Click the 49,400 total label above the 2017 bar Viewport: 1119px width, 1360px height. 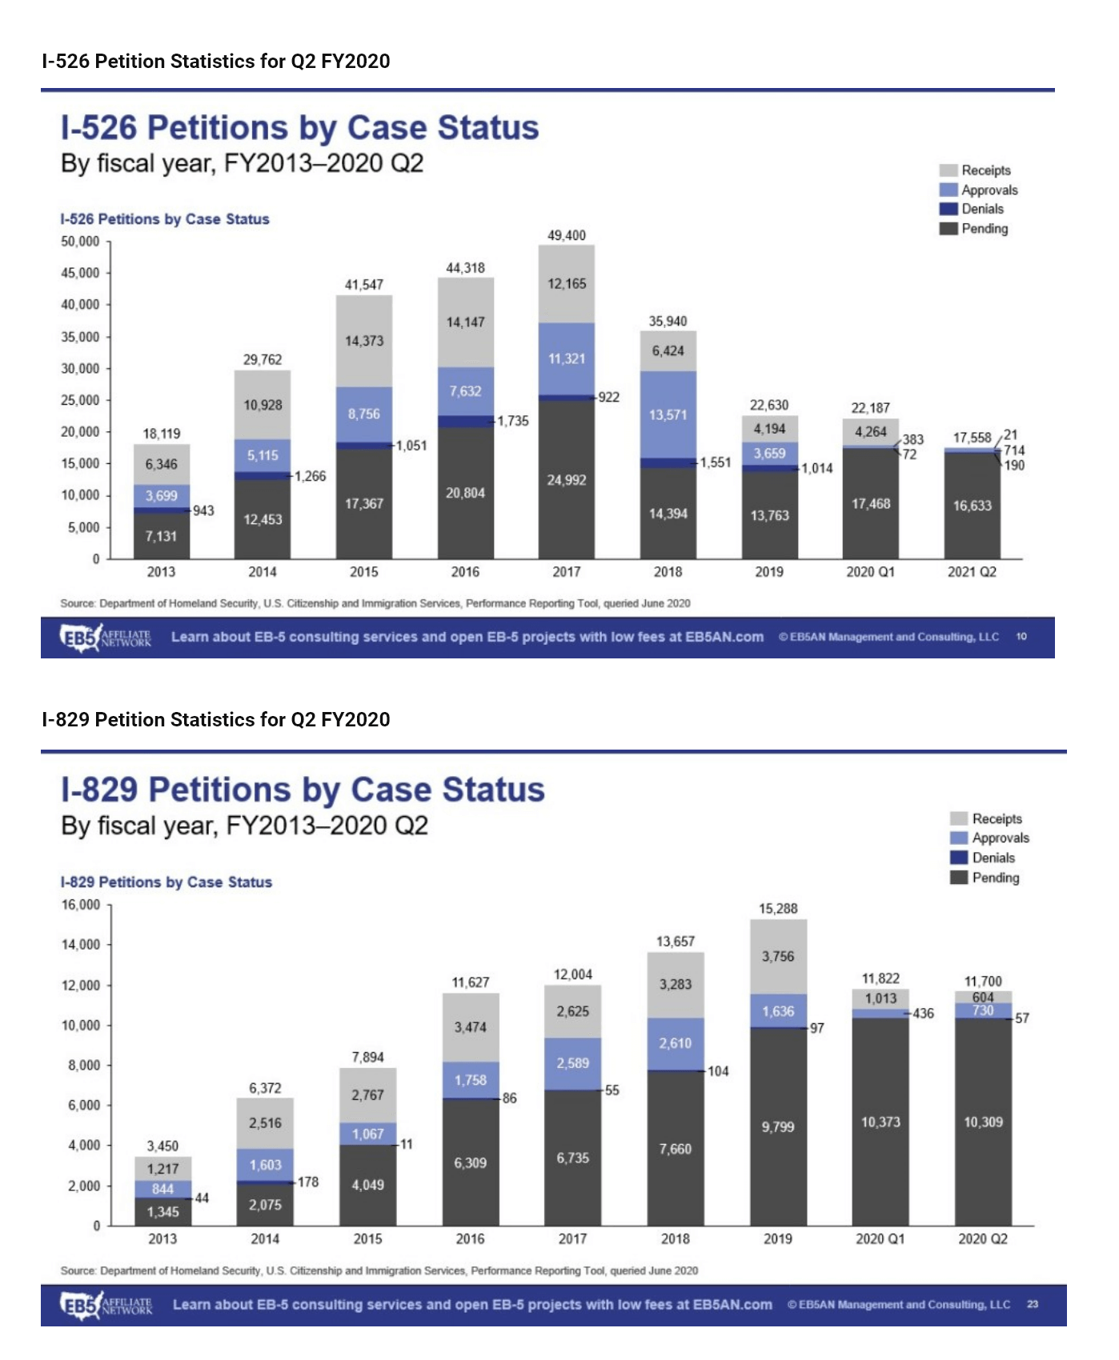[x=567, y=235]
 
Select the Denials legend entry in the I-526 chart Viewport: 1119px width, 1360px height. [x=972, y=209]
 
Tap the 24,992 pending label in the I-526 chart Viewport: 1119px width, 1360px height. [x=567, y=480]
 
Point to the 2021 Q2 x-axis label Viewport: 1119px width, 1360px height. [x=972, y=572]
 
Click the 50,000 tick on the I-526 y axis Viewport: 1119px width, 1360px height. [x=80, y=242]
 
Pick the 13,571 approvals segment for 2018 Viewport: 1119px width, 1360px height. [x=668, y=414]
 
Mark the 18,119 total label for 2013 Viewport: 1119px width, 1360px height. [x=162, y=434]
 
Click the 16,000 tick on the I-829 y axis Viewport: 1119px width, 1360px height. [x=80, y=905]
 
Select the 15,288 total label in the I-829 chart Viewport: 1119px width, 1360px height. [x=778, y=909]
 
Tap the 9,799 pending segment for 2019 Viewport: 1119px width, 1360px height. [x=778, y=1127]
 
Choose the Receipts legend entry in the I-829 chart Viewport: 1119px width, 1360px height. [x=986, y=818]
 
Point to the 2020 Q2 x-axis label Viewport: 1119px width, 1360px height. [x=983, y=1239]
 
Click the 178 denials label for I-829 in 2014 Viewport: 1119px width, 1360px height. [x=308, y=1182]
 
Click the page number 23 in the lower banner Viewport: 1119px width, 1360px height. [x=1033, y=1304]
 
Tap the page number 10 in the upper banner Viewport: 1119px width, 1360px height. [x=1021, y=637]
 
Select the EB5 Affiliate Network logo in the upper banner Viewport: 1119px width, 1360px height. [x=106, y=638]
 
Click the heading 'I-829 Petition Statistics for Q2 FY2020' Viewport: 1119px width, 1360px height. [x=216, y=719]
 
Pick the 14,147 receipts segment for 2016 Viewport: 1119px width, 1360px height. [x=465, y=322]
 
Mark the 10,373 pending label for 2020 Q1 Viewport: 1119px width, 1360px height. [x=880, y=1122]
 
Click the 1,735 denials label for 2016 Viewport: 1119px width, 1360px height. [x=513, y=421]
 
